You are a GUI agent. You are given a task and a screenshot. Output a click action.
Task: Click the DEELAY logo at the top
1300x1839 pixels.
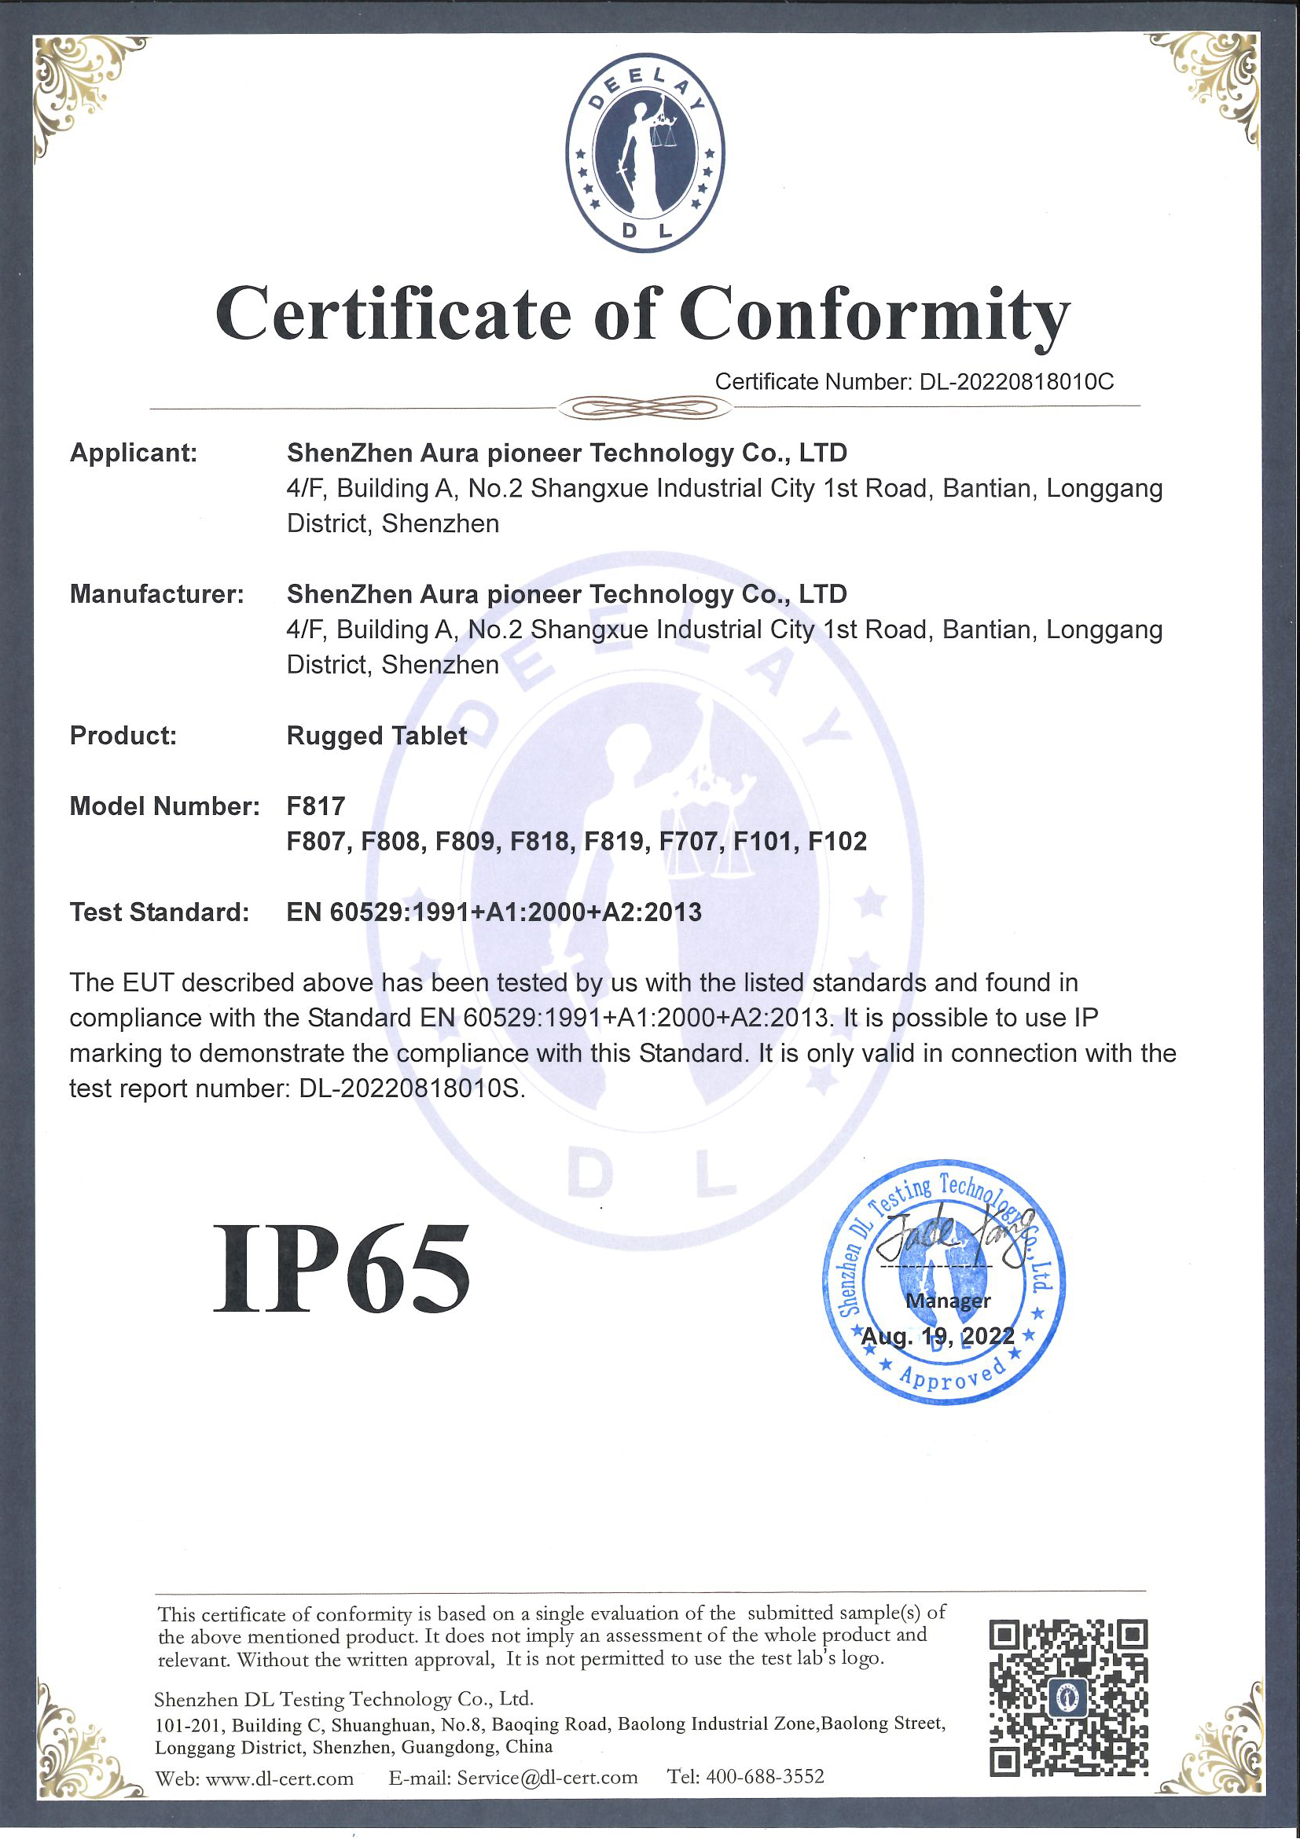pyautogui.click(x=644, y=152)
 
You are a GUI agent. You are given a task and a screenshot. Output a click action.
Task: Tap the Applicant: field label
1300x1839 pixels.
pyautogui.click(x=133, y=453)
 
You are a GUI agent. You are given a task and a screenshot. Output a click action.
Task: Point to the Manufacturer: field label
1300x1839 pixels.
pyautogui.click(x=156, y=593)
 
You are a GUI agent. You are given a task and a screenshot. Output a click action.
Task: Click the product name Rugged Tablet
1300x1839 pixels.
pyautogui.click(x=376, y=736)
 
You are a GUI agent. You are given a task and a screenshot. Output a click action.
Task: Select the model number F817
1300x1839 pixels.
pyautogui.click(x=316, y=806)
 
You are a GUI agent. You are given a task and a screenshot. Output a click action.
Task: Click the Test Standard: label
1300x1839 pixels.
pyautogui.click(x=160, y=912)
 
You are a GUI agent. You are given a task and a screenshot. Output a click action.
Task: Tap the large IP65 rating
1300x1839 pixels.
pyautogui.click(x=341, y=1268)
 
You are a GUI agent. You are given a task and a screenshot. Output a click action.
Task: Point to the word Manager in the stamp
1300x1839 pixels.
pyautogui.click(x=948, y=1301)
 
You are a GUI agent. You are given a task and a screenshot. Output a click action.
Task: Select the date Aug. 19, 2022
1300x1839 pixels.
pyautogui.click(x=937, y=1336)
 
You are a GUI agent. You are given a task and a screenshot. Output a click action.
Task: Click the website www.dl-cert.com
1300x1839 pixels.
pyautogui.click(x=280, y=1778)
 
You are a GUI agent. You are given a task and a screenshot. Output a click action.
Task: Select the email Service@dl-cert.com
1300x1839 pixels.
pyautogui.click(x=547, y=1778)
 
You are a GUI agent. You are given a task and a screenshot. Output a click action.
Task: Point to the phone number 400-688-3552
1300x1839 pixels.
pyautogui.click(x=765, y=1777)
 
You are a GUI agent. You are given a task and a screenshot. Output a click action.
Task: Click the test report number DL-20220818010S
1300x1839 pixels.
pyautogui.click(x=412, y=1088)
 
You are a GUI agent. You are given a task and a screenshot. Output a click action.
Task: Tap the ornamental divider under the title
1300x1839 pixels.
pyautogui.click(x=644, y=408)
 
